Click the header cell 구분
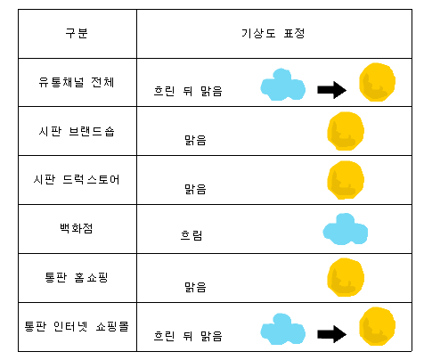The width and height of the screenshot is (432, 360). point(77,33)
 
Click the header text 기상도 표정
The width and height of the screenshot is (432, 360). point(273,33)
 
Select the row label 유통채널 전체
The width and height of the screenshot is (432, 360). point(77,82)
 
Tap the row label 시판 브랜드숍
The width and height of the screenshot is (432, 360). point(77,131)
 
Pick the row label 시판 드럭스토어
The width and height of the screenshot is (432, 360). point(77,180)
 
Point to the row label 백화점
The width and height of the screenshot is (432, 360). point(77,228)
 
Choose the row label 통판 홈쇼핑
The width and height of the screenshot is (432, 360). point(77,277)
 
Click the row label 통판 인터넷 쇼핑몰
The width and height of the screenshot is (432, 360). point(77,326)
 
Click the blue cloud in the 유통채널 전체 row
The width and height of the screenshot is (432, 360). point(282,85)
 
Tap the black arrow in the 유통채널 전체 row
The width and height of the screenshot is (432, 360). point(331,90)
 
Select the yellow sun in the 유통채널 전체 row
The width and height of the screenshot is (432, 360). point(377,82)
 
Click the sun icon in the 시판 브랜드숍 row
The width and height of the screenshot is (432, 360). point(346,131)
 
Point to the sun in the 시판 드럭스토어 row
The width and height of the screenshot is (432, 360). point(346,180)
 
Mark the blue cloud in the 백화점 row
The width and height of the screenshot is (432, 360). point(346,229)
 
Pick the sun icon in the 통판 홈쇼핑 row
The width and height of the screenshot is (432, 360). point(346,277)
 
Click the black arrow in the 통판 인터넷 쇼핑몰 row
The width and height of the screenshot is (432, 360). point(331,334)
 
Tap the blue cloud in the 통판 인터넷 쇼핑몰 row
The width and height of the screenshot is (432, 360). point(282,329)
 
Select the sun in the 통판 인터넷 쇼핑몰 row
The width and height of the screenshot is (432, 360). point(377,326)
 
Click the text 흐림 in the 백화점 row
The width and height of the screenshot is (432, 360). point(192,235)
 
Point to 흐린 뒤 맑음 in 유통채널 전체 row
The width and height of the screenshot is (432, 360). point(188,91)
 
